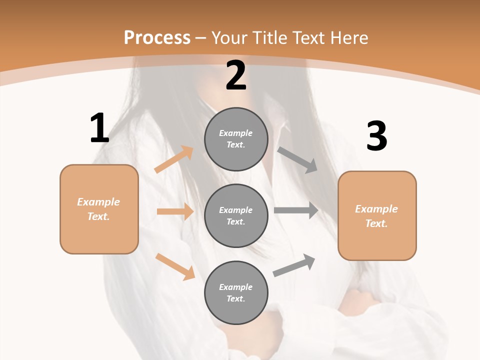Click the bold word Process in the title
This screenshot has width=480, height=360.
tap(157, 38)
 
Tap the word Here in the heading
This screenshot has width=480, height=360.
tap(348, 38)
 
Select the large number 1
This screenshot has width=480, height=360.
tap(99, 128)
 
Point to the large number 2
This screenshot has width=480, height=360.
tap(236, 75)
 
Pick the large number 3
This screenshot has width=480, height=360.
tap(376, 136)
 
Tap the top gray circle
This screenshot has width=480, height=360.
tap(236, 138)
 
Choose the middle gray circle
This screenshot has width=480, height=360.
tap(236, 215)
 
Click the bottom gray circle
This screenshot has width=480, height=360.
tap(236, 292)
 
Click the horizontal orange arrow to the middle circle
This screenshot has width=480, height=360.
tap(175, 211)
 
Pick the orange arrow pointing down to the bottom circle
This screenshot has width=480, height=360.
tap(175, 266)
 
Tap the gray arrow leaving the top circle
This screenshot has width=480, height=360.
tap(297, 160)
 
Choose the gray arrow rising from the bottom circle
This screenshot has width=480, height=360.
tap(294, 265)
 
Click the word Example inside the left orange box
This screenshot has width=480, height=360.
tap(98, 202)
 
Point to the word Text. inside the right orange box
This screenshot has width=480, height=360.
tap(376, 223)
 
